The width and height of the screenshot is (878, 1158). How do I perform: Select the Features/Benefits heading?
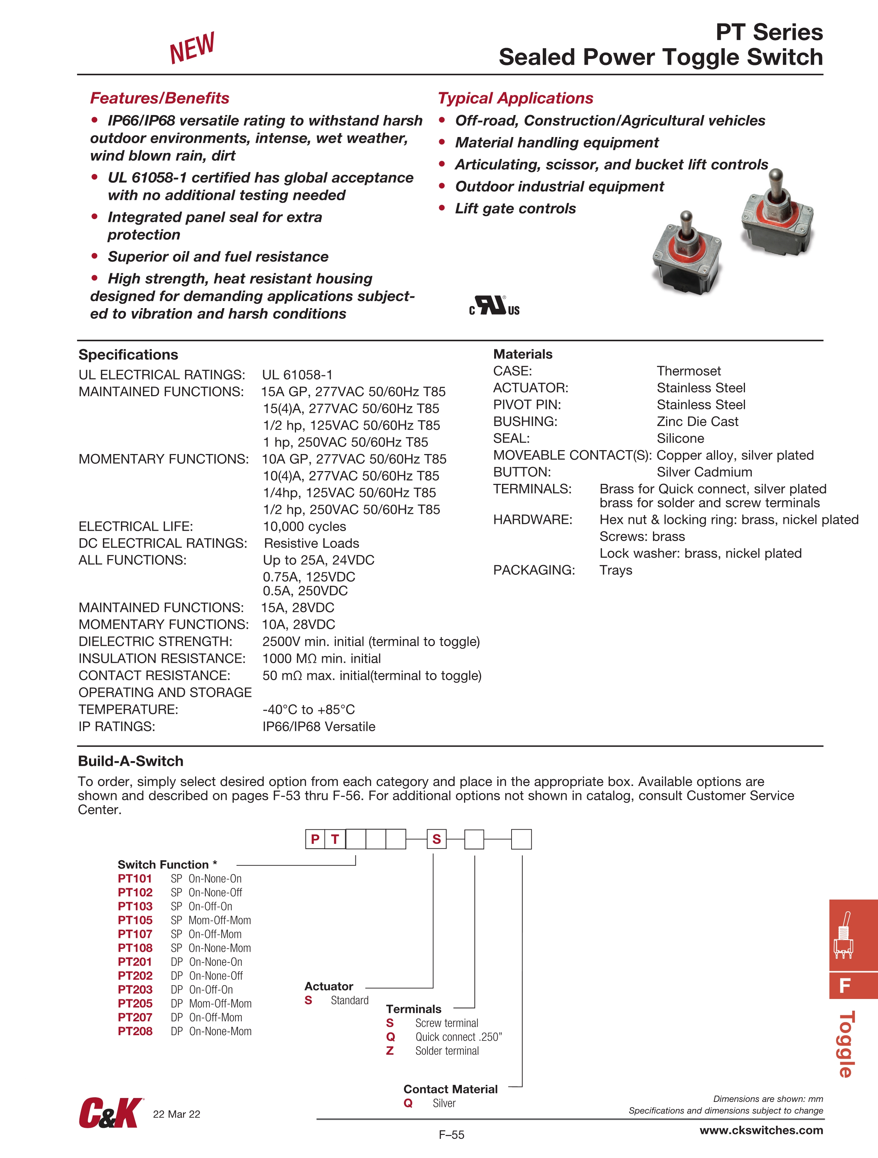pyautogui.click(x=160, y=98)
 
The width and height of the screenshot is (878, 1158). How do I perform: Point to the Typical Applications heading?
pyautogui.click(x=515, y=98)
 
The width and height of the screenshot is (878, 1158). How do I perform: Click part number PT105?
pyautogui.click(x=135, y=920)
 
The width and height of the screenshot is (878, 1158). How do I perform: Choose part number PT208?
pyautogui.click(x=135, y=1031)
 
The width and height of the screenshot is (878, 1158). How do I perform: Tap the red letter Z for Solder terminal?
pyautogui.click(x=390, y=1051)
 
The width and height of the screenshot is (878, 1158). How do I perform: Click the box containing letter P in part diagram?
pyautogui.click(x=315, y=839)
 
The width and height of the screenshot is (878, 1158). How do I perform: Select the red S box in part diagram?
pyautogui.click(x=436, y=839)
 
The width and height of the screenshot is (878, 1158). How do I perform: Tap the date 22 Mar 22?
pyautogui.click(x=176, y=1114)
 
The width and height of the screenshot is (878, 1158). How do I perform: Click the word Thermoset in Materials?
pyautogui.click(x=689, y=371)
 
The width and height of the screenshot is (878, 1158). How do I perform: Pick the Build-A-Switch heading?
pyautogui.click(x=131, y=761)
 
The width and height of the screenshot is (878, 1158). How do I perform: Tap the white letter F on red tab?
pyautogui.click(x=845, y=986)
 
